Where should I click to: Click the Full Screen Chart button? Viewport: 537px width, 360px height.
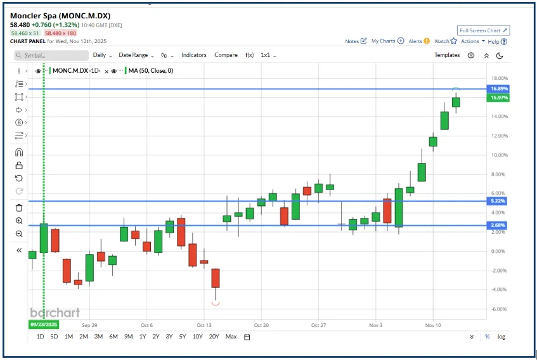pos(484,30)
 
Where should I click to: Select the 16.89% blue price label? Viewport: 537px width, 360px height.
pos(498,89)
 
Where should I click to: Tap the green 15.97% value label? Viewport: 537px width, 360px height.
pos(498,98)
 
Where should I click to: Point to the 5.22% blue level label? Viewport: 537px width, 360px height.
pos(498,201)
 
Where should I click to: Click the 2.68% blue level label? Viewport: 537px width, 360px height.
pos(498,225)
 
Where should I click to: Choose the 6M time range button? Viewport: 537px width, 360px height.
pos(113,337)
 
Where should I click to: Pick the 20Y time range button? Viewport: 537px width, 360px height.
pos(214,337)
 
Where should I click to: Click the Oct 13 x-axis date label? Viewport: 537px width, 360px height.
pos(204,324)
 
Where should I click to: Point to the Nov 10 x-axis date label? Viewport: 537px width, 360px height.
pos(433,324)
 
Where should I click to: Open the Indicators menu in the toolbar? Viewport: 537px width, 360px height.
pos(193,55)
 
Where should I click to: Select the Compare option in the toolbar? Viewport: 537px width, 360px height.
pos(226,55)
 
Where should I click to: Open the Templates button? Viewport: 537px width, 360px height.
pos(447,55)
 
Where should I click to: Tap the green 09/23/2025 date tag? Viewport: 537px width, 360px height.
pos(43,324)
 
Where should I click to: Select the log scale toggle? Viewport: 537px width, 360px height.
pos(501,337)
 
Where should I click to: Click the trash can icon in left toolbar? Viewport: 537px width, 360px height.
pos(19,207)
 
